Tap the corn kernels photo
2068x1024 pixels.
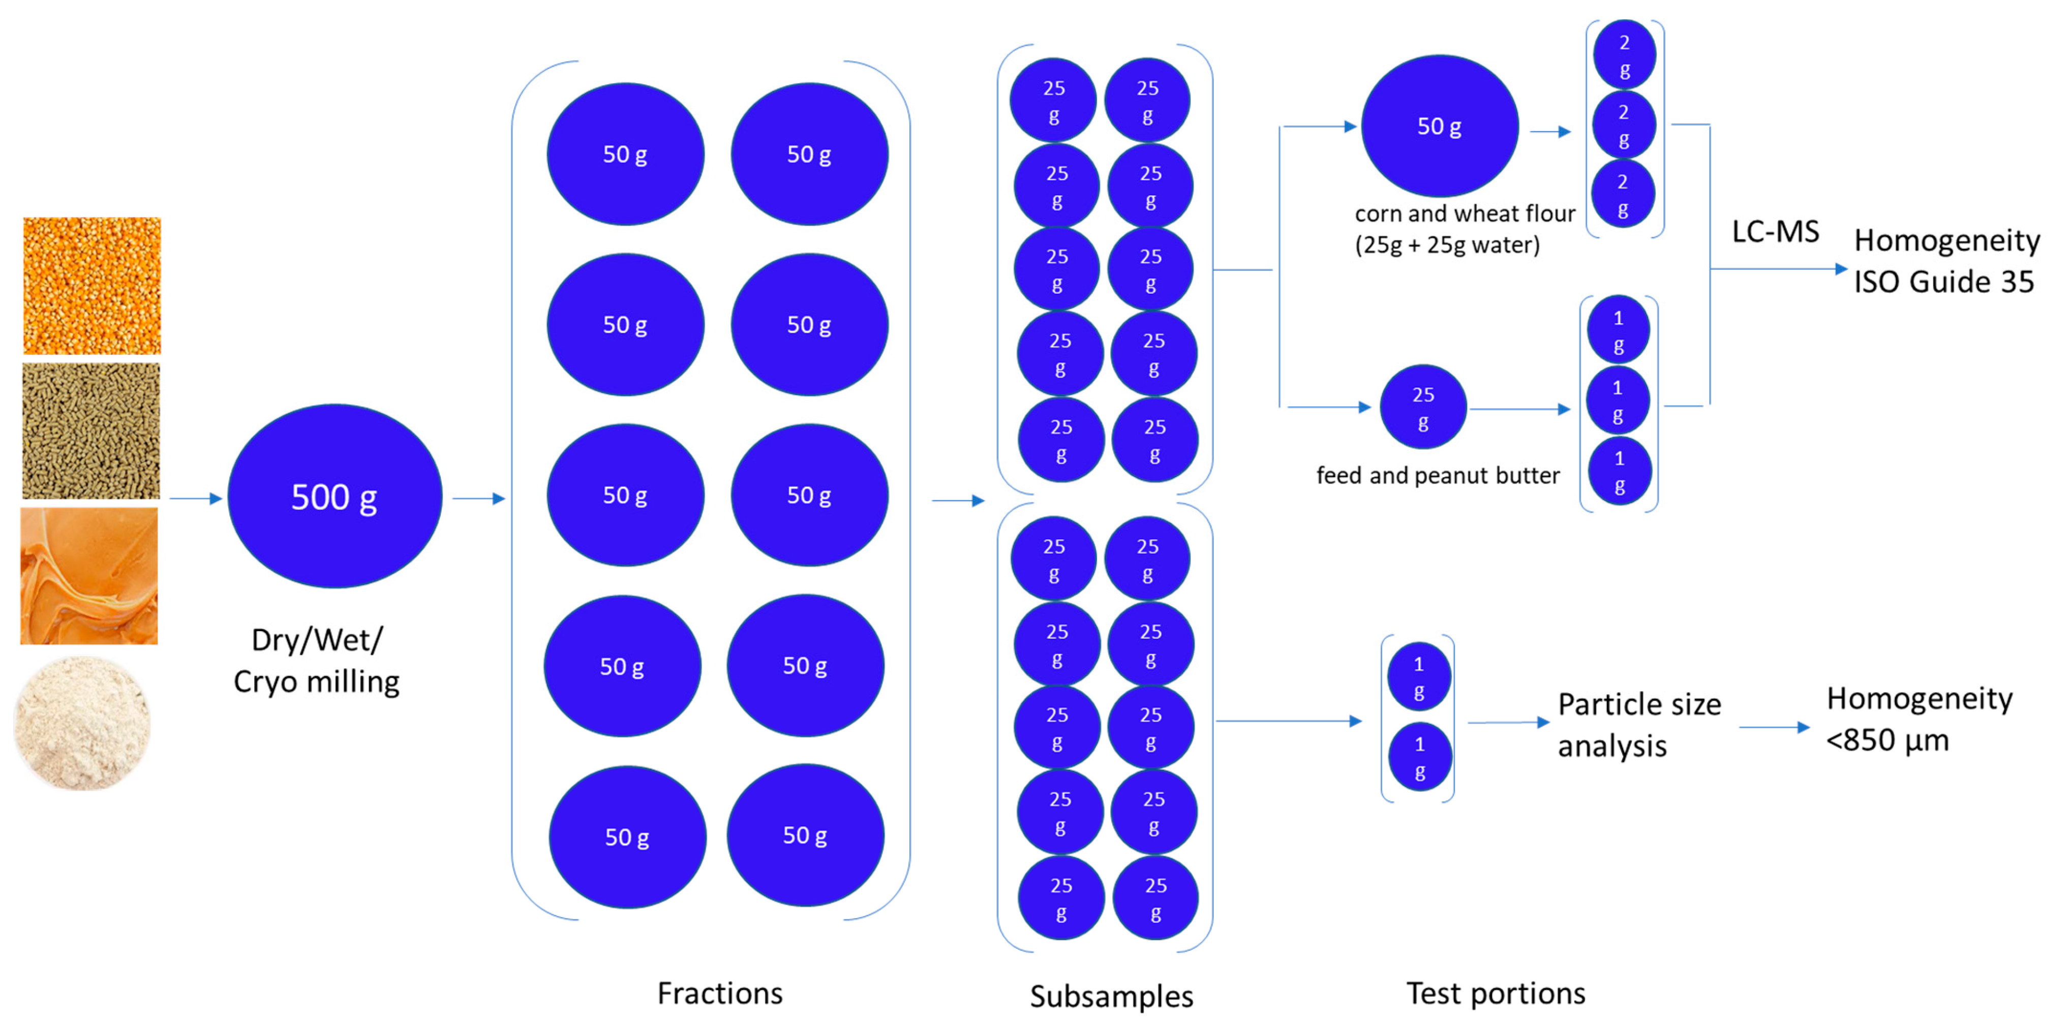92,285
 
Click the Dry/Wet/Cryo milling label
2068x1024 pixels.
316,661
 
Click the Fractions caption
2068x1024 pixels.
719,994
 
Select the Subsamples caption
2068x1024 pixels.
1111,996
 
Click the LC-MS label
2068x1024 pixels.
1775,231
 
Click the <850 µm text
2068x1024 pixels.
1888,740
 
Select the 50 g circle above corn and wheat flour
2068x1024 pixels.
1439,126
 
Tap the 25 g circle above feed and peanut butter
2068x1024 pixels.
1422,408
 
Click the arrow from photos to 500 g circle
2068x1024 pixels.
195,499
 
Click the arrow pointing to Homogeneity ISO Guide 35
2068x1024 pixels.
1778,269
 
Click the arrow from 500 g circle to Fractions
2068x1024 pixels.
478,499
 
